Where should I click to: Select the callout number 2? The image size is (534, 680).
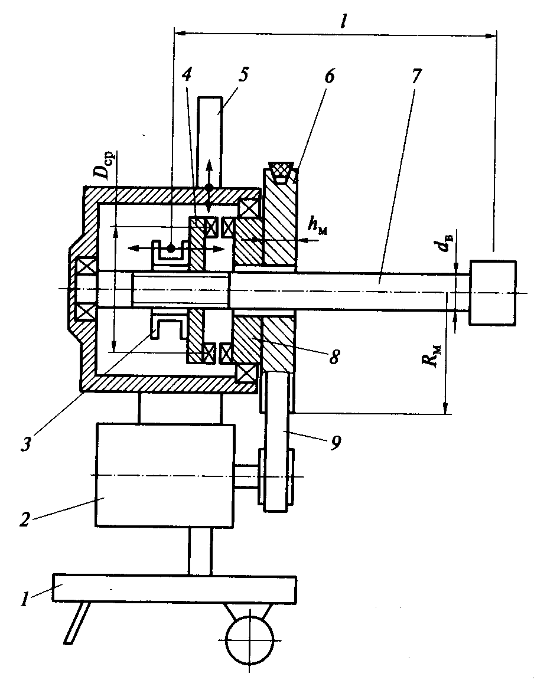coord(25,518)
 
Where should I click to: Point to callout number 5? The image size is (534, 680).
coord(243,74)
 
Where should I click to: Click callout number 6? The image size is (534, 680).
coord(329,76)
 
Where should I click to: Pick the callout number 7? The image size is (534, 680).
coord(415,76)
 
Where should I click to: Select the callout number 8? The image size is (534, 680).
coord(333,357)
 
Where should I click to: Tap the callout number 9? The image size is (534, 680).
coord(335,442)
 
